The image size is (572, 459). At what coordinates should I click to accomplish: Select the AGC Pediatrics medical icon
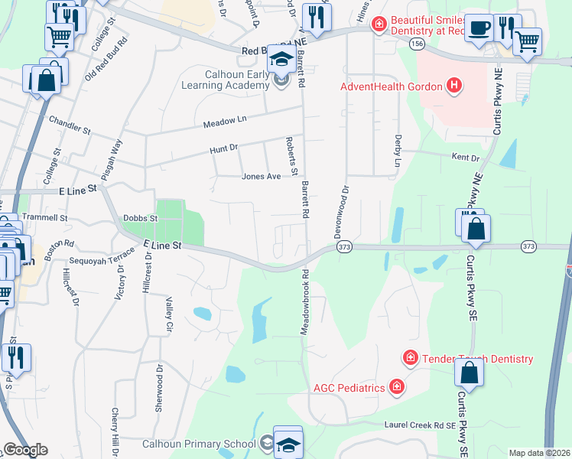[396, 388]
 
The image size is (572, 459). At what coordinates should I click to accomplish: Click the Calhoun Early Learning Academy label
[224, 80]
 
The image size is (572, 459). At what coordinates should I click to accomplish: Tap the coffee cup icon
[479, 28]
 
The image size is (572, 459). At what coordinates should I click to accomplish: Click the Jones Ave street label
[258, 176]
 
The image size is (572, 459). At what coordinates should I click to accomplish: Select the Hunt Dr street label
[224, 149]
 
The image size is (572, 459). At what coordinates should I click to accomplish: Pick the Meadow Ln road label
[225, 122]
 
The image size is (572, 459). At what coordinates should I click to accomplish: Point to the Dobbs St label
[140, 218]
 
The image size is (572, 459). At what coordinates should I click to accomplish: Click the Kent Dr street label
[465, 158]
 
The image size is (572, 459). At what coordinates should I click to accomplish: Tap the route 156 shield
[416, 44]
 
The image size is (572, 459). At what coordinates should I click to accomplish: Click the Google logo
[25, 450]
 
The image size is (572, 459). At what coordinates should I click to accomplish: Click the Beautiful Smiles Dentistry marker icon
[378, 26]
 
